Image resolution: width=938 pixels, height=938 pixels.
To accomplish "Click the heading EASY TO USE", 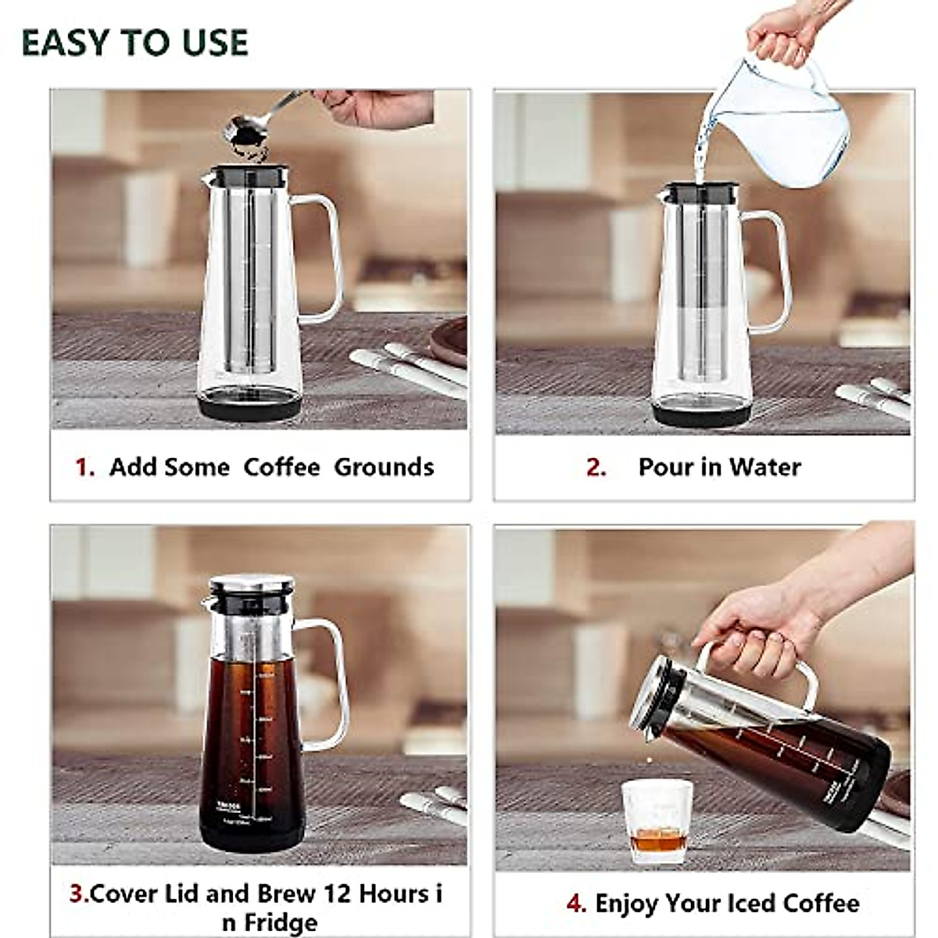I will [134, 42].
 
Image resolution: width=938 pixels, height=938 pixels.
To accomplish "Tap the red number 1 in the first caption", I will [84, 467].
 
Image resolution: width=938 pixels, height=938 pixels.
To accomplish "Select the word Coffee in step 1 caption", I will [281, 467].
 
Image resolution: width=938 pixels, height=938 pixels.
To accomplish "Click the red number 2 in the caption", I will [596, 467].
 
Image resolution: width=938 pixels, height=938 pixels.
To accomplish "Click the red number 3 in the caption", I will [77, 893].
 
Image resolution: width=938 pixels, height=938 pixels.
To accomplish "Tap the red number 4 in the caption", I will [575, 904].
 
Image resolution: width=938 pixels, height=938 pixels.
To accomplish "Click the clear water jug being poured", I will [782, 121].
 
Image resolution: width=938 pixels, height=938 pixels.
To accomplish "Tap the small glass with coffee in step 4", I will [657, 821].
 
